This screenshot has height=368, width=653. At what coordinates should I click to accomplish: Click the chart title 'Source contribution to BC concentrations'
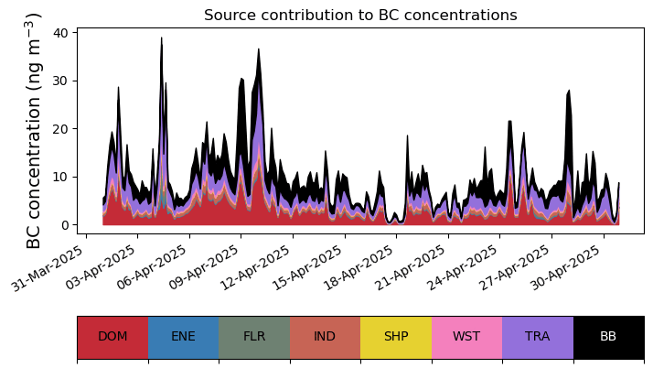[360, 16]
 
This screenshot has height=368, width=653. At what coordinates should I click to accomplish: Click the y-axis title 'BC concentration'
[34, 131]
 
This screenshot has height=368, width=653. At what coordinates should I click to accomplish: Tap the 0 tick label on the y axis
[65, 225]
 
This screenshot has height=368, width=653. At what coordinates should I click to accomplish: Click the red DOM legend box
[112, 337]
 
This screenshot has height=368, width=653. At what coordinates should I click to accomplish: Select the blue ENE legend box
[183, 337]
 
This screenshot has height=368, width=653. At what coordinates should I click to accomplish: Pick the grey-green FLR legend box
[254, 337]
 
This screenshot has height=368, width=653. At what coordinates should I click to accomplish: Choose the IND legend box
[325, 337]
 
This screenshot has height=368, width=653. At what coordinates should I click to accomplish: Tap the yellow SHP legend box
[396, 337]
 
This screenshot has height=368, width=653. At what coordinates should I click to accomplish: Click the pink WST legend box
[466, 337]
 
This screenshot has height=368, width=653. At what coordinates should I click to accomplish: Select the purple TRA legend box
[538, 337]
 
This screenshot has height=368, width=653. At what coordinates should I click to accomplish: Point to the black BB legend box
[608, 337]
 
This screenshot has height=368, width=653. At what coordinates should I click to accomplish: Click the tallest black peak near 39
[162, 40]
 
